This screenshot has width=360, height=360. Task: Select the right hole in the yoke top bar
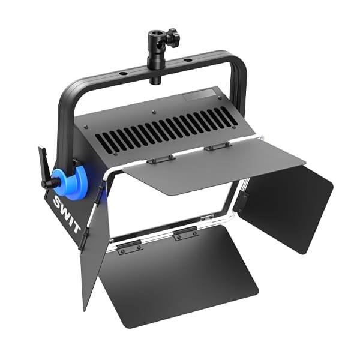(x=188, y=61)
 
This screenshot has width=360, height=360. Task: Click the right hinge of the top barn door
(x=214, y=146)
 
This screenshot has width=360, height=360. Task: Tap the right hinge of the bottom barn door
(x=185, y=235)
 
